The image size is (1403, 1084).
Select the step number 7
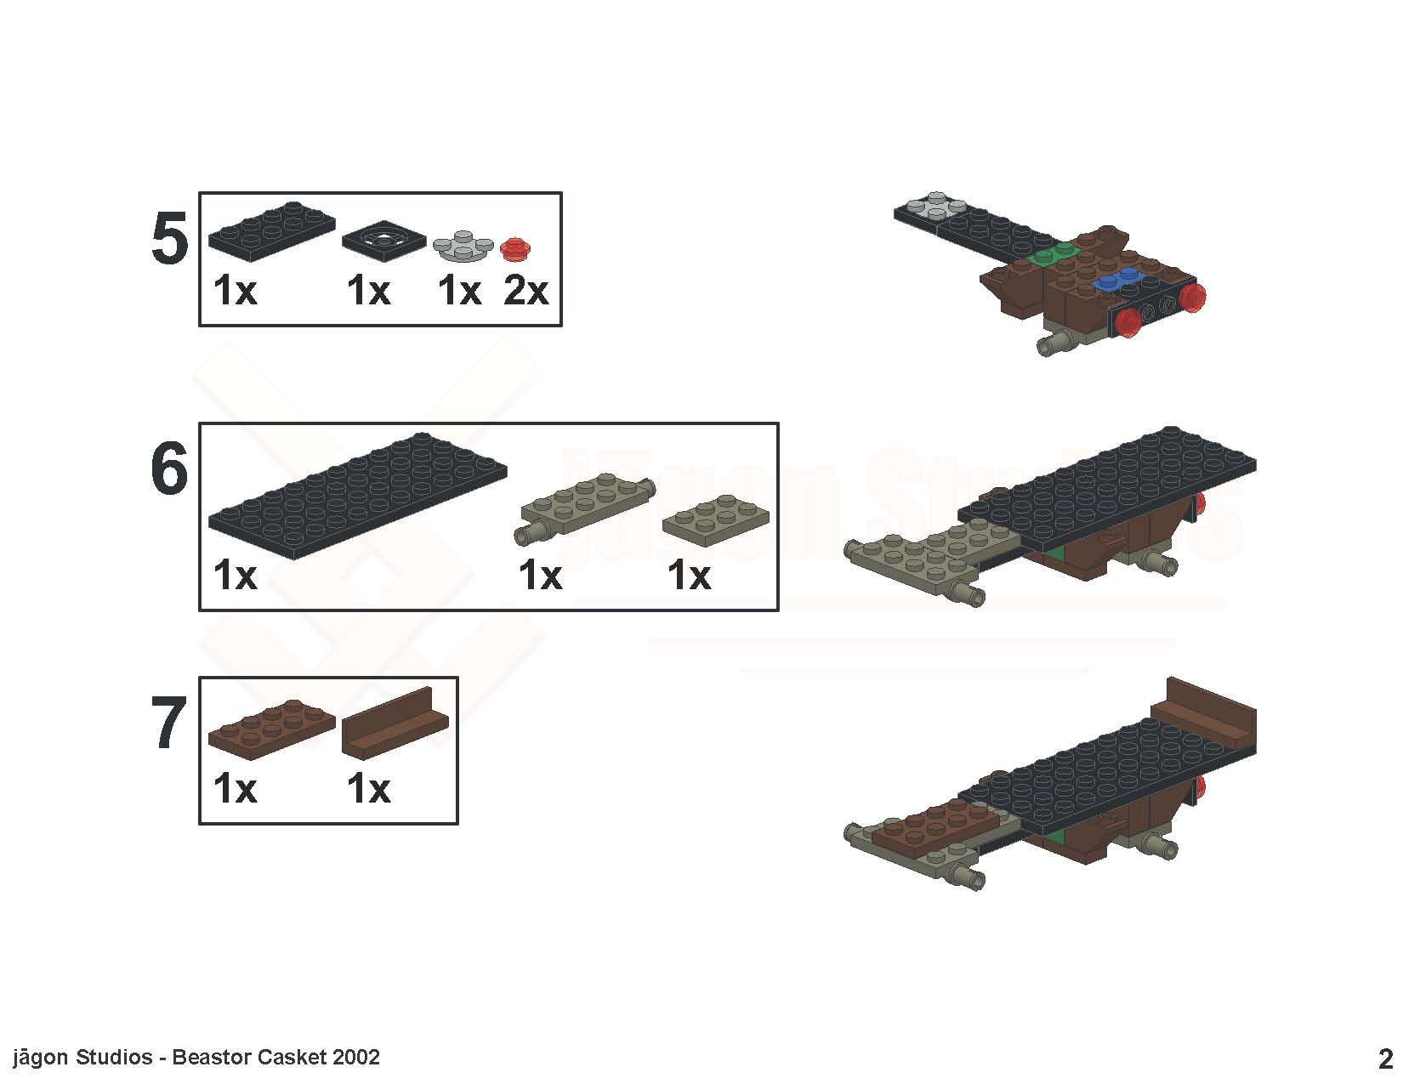[x=169, y=723]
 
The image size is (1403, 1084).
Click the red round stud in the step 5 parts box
[x=515, y=248]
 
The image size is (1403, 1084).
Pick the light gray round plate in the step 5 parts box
[x=463, y=246]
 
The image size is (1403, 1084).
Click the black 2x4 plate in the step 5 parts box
[x=272, y=230]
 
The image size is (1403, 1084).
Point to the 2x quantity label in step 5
[x=525, y=291]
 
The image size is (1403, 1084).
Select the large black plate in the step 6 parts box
[x=357, y=495]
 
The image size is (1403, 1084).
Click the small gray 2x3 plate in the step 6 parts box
[x=715, y=519]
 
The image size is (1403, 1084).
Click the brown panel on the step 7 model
[x=1204, y=714]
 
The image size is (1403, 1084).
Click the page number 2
[x=1385, y=1058]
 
